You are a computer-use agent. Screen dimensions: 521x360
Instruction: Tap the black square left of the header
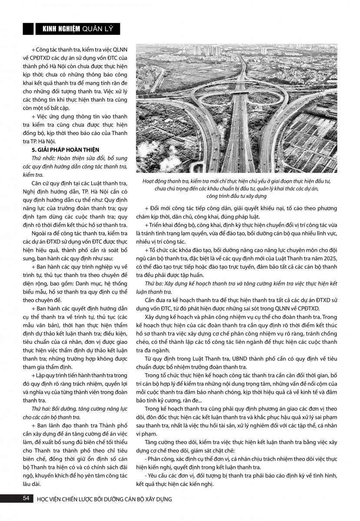pyautogui.click(x=28, y=29)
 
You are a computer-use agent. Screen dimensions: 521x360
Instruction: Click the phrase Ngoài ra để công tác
pyautogui.click(x=57, y=234)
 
